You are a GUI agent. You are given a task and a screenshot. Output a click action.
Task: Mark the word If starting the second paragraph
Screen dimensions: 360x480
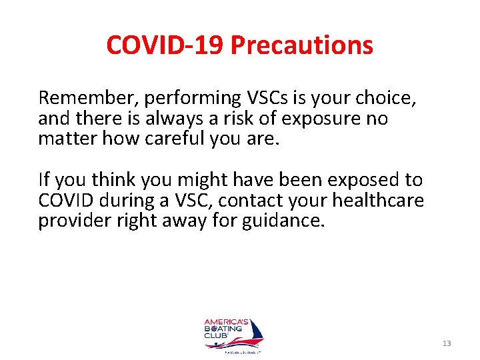point(44,180)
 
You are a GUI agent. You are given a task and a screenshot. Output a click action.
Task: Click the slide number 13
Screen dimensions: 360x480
point(447,343)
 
